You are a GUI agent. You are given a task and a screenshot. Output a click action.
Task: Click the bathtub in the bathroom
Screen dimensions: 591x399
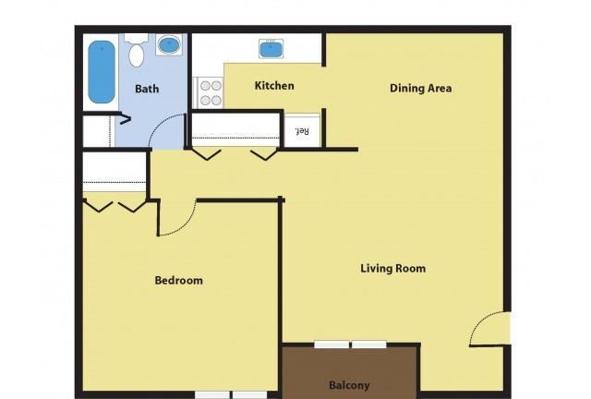click(x=102, y=72)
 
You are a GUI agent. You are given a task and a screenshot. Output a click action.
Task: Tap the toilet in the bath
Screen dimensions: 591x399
click(x=136, y=51)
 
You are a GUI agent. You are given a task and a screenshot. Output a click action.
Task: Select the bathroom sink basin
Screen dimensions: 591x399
click(x=169, y=45)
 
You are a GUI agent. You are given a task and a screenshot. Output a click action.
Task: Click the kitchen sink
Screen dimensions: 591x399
click(x=271, y=49)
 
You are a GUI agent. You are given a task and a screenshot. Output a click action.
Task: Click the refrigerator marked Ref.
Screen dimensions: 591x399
click(x=302, y=130)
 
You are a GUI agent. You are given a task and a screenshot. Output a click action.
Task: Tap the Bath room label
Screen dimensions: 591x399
click(x=147, y=89)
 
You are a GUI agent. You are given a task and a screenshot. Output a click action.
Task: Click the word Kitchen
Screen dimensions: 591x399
click(x=274, y=86)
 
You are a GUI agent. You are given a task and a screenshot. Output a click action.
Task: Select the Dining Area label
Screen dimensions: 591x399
click(x=421, y=89)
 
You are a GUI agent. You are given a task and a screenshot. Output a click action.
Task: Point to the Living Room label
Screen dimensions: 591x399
click(x=393, y=269)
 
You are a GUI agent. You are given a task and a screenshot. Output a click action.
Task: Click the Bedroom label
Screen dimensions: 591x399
click(x=178, y=280)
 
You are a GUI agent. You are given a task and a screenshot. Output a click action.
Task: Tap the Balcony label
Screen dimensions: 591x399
click(x=349, y=385)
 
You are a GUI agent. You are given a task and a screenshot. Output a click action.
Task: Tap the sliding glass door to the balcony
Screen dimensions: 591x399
click(x=351, y=345)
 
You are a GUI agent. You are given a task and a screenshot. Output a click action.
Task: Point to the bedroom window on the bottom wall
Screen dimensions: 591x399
click(x=231, y=395)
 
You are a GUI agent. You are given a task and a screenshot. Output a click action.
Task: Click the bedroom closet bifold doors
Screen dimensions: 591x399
click(x=115, y=206)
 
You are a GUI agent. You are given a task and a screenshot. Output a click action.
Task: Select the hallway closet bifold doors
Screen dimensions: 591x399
click(x=236, y=154)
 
